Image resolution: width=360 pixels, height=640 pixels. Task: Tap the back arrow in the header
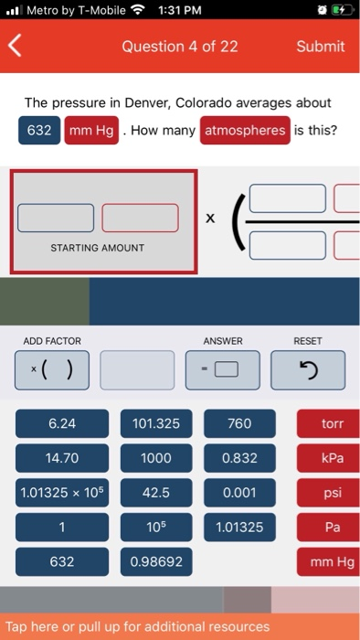[x=15, y=46]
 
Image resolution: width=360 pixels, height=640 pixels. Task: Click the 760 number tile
[x=239, y=423]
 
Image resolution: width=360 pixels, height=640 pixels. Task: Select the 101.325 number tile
[x=156, y=423]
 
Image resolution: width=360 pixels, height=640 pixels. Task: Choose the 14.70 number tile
[x=62, y=458]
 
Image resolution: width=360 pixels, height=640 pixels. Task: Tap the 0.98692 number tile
[x=156, y=561]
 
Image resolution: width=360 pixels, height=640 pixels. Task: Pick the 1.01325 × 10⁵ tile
[x=62, y=493]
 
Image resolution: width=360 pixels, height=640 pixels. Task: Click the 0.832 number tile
[x=239, y=458]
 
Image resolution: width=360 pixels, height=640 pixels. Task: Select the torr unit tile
[x=329, y=423]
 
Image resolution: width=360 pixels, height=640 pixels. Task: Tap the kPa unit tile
[x=329, y=458]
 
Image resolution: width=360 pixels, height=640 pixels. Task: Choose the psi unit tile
[x=329, y=493]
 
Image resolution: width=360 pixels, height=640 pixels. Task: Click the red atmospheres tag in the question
[x=245, y=130]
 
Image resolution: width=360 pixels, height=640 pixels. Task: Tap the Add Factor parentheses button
[x=52, y=370]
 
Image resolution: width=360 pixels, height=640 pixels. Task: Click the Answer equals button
[x=223, y=370]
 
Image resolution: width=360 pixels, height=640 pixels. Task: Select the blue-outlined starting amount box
[x=56, y=218]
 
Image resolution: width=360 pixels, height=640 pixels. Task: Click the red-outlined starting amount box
[x=140, y=218]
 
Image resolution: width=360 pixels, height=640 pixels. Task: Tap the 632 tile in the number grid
[x=62, y=561]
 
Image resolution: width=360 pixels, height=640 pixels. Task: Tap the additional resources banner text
[x=137, y=626]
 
